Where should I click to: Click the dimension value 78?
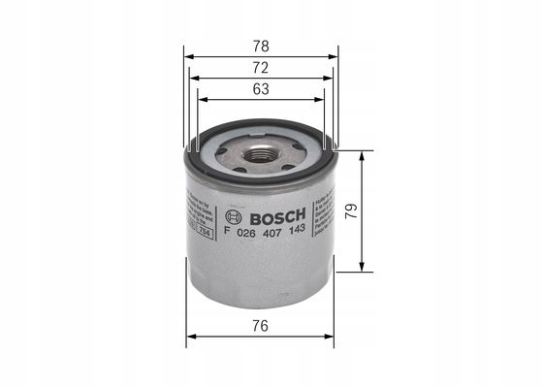(x=262, y=46)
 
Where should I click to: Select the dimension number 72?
(x=262, y=67)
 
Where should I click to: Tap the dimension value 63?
(x=262, y=88)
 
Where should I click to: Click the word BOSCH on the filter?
(x=274, y=215)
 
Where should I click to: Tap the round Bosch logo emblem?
(x=232, y=215)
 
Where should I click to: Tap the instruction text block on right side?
(x=326, y=213)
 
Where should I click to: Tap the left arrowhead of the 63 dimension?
(x=201, y=99)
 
